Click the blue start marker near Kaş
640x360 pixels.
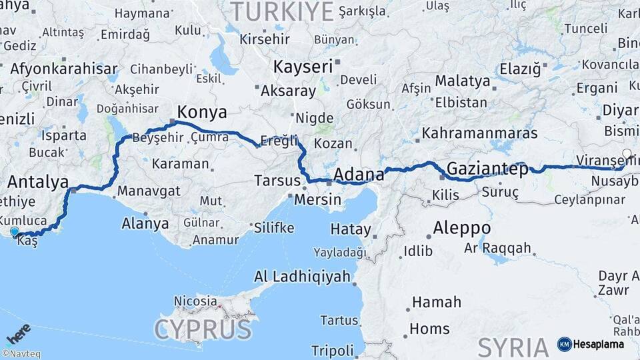coord(14,232)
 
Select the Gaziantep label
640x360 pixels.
coord(487,168)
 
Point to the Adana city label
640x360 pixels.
coord(359,175)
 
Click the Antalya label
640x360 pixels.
coord(38,182)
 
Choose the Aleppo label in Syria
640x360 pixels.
coord(461,228)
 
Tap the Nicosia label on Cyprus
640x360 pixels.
coord(195,301)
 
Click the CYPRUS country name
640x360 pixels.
coord(204,329)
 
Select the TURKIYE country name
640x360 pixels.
coord(281,11)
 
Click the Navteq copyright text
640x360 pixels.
coord(21,354)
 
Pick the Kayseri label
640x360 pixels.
coord(303,66)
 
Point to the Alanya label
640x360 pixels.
coord(145,223)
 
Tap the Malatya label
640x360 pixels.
coord(462,81)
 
